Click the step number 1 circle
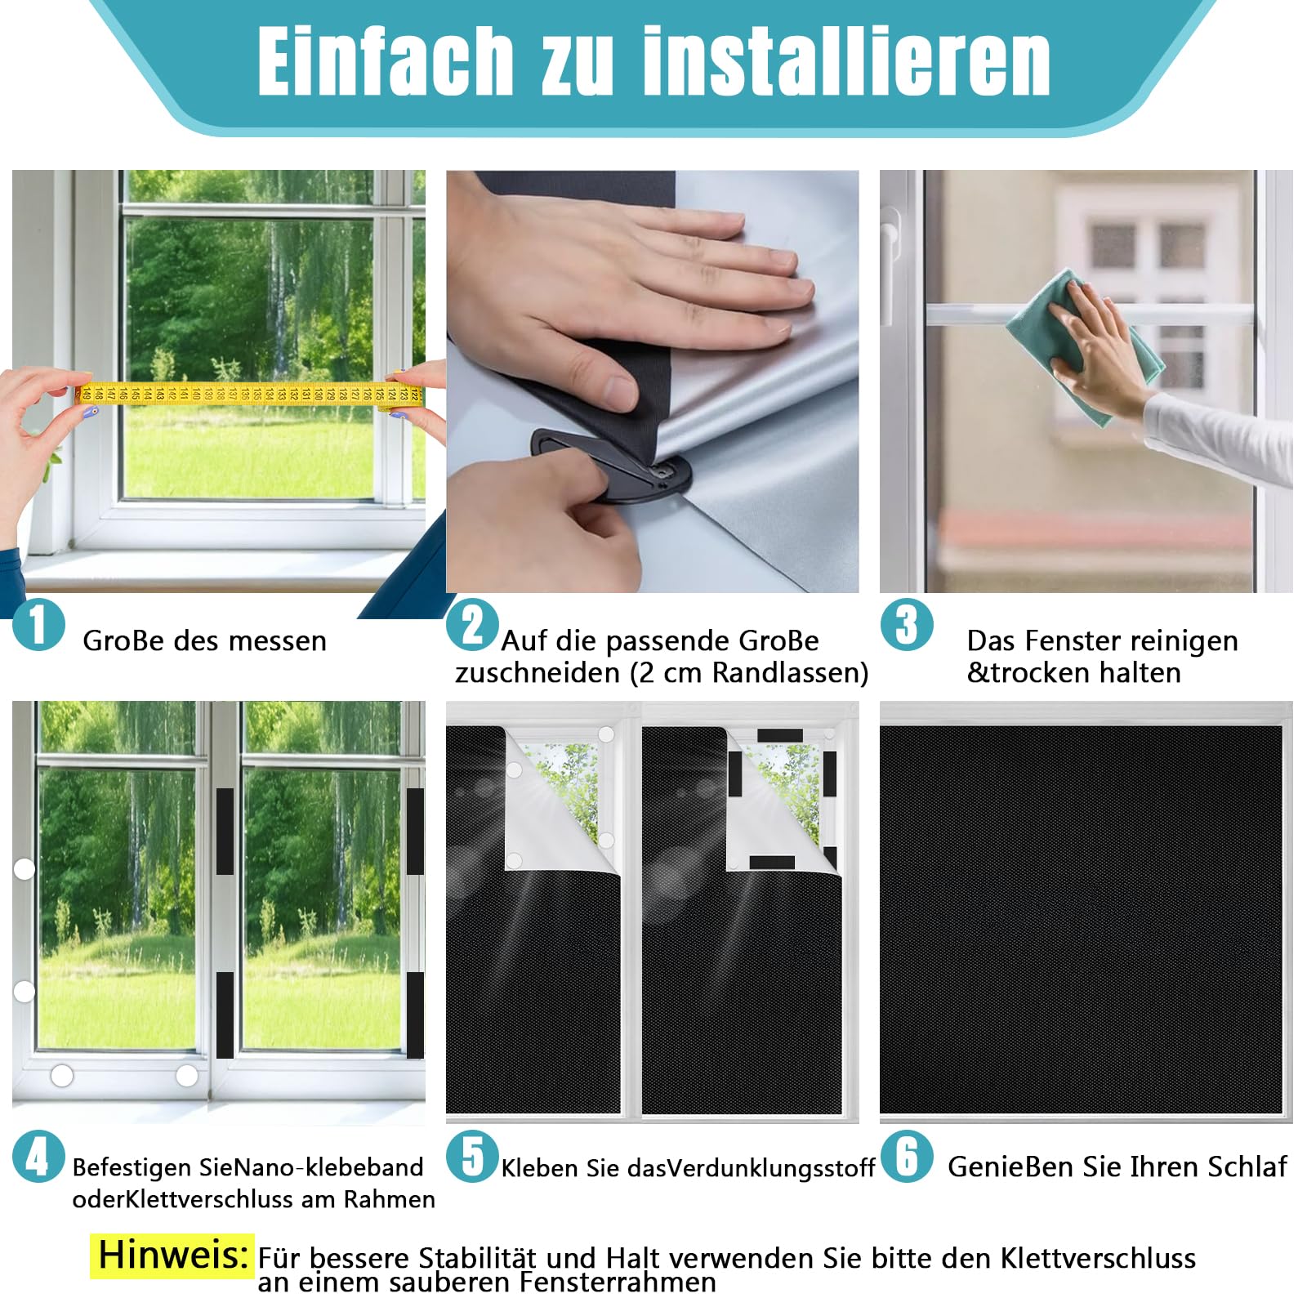(38, 625)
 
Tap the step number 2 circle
(472, 625)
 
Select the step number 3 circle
(907, 625)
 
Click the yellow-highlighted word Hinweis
(172, 1255)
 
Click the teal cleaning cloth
(1082, 347)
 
